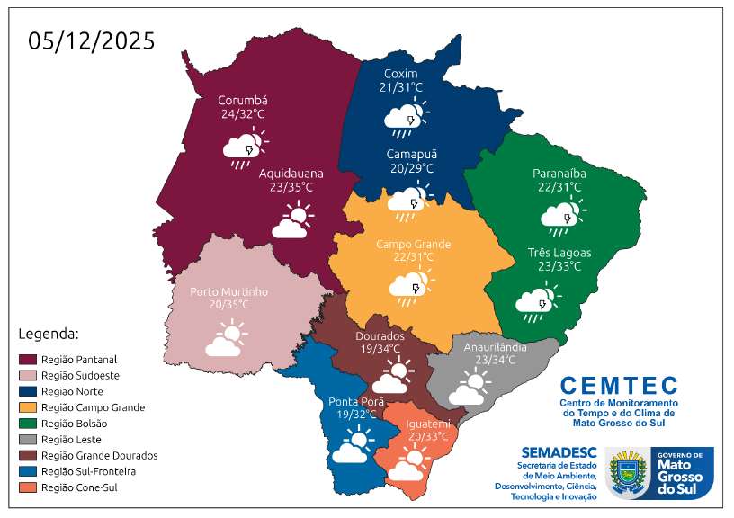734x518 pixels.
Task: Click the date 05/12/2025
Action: [x=92, y=41]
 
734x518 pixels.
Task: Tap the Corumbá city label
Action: [x=243, y=101]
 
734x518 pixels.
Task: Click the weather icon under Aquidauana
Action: [x=292, y=220]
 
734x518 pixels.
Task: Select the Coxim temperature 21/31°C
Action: [x=401, y=87]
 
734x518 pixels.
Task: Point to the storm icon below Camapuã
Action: [x=407, y=204]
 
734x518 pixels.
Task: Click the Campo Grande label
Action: [x=413, y=244]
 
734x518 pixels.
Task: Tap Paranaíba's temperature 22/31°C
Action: [x=559, y=187]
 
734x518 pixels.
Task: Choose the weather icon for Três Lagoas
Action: [x=537, y=302]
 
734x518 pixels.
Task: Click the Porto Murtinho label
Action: [x=228, y=291]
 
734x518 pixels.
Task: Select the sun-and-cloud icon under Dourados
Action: [x=394, y=372]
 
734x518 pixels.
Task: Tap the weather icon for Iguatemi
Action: [x=407, y=466]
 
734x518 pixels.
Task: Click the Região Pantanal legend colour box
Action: [x=27, y=359]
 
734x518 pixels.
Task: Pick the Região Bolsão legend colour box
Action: [x=27, y=424]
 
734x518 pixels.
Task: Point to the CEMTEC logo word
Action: [x=618, y=386]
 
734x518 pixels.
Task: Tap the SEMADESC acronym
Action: [x=558, y=452]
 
